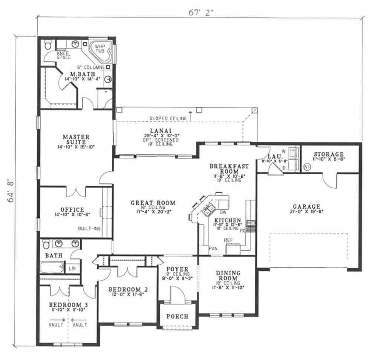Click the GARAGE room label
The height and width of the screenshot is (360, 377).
[x=306, y=207]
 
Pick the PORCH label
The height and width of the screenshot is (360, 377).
[x=176, y=316]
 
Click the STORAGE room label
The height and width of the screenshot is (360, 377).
[x=328, y=154]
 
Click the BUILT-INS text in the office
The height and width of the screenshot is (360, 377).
[x=89, y=228]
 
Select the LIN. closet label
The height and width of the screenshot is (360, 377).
[x=72, y=268]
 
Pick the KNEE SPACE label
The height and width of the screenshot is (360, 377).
[x=64, y=55]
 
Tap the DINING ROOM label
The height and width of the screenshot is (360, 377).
[x=228, y=275]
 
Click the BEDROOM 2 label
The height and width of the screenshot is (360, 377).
[x=128, y=289]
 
